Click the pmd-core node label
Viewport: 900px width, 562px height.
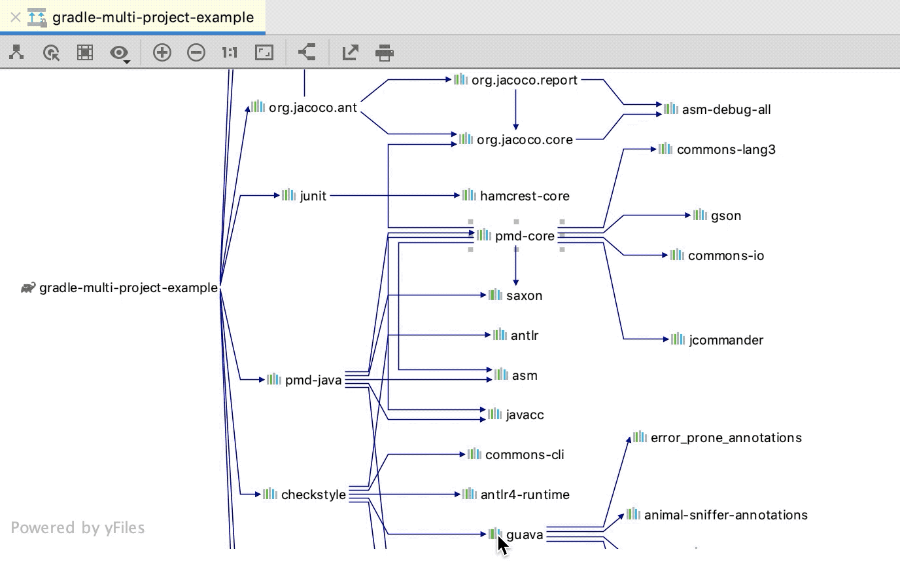point(525,236)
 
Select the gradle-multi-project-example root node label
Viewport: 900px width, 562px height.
point(128,288)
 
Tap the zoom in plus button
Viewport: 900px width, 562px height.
point(162,52)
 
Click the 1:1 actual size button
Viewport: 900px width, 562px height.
point(229,52)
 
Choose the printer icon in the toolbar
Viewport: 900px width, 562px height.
point(385,52)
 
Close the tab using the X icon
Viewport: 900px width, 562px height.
point(16,17)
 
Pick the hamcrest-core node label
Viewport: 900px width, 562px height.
point(524,196)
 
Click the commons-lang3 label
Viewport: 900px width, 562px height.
point(726,149)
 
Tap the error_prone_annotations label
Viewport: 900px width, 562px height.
point(726,438)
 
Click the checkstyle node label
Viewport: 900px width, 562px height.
point(313,495)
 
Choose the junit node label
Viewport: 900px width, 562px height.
point(313,196)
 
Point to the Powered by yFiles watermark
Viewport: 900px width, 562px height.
point(78,528)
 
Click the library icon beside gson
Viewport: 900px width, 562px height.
point(700,215)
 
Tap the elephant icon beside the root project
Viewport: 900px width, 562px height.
point(28,288)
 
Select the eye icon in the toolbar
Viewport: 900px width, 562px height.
point(119,52)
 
